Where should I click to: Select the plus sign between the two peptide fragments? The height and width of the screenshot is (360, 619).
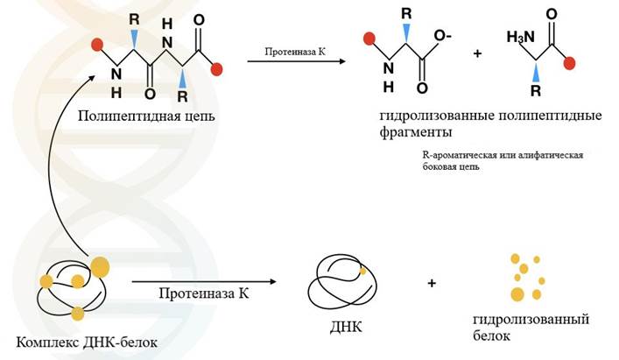(477, 53)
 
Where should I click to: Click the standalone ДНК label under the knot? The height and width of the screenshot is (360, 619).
(345, 328)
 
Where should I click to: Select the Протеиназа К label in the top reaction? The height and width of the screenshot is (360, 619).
(286, 53)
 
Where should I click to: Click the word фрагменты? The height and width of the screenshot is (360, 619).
(415, 132)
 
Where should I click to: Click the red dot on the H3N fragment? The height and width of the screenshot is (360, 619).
(571, 63)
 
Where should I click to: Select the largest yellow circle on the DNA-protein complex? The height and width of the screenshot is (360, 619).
(102, 265)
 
